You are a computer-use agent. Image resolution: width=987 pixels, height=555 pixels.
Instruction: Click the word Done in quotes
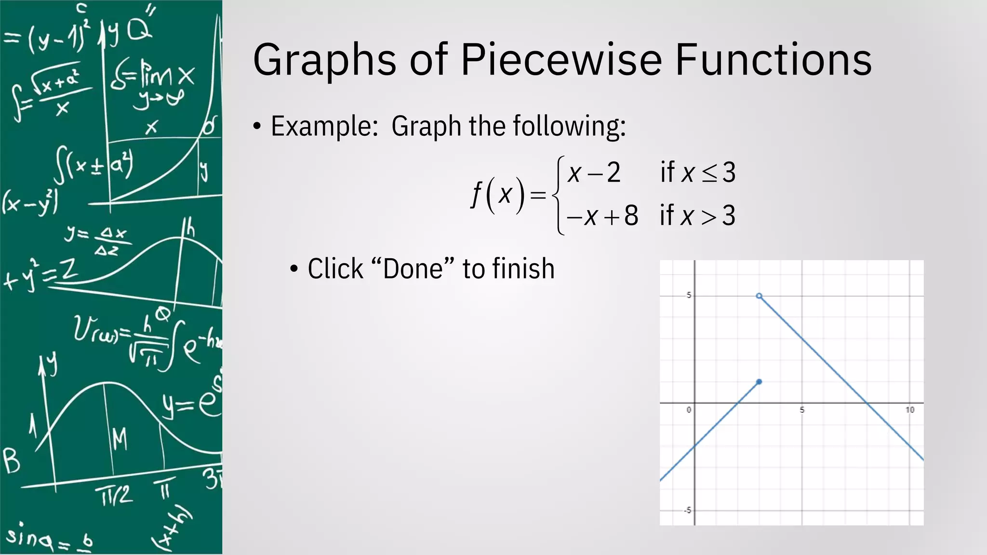pyautogui.click(x=413, y=269)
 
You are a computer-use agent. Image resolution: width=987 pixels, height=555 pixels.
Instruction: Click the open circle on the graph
pyautogui.click(x=759, y=296)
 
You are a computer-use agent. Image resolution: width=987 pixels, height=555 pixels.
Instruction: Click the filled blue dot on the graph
pyautogui.click(x=759, y=382)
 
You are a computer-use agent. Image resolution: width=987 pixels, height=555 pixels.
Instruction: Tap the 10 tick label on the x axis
pyautogui.click(x=909, y=410)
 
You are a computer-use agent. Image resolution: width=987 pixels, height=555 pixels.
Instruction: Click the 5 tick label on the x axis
pyautogui.click(x=802, y=410)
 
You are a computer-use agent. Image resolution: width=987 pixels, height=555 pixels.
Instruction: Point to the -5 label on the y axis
pyautogui.click(x=687, y=510)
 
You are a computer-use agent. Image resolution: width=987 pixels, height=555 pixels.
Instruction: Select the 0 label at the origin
pyautogui.click(x=689, y=410)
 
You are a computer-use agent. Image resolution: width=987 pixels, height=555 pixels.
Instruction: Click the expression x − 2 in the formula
pyautogui.click(x=594, y=172)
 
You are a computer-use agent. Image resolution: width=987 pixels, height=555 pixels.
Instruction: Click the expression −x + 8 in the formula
pyautogui.click(x=602, y=215)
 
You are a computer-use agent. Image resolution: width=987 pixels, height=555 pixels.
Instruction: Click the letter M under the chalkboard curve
pyautogui.click(x=120, y=439)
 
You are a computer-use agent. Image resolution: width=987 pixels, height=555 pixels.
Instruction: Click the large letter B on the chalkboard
pyautogui.click(x=12, y=461)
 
